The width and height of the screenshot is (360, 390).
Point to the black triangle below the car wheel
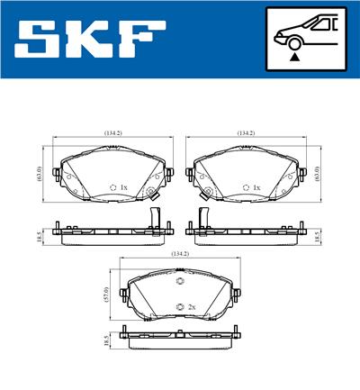(293, 57)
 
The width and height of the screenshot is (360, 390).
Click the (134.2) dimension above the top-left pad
(112, 132)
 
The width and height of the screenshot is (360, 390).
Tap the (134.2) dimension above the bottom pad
(180, 255)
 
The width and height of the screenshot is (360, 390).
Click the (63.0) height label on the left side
(40, 171)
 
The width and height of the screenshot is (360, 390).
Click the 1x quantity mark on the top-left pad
(124, 187)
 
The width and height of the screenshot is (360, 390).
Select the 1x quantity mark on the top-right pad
(256, 187)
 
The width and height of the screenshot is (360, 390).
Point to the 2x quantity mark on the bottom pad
(191, 307)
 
